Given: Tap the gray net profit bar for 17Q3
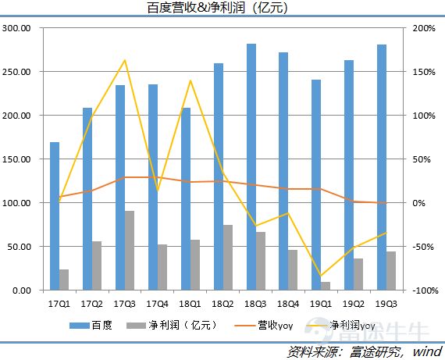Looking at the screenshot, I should (129, 250).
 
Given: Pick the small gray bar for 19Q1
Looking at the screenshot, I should (326, 286).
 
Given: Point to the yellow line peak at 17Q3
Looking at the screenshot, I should (125, 60).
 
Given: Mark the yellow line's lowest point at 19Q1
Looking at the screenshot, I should (321, 276).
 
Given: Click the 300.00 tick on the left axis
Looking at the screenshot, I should (16, 28).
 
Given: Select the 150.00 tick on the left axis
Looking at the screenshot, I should (16, 159).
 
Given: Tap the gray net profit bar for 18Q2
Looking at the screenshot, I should (227, 257).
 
